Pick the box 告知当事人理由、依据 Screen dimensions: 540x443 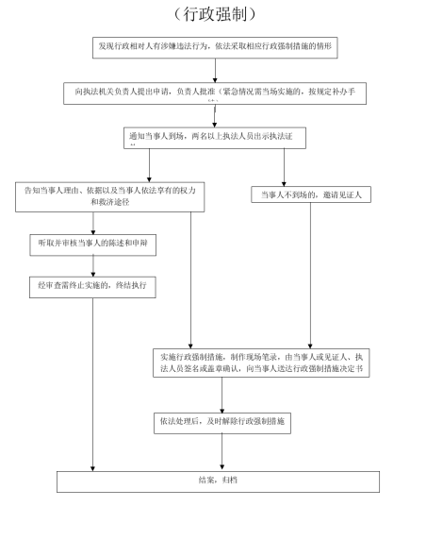[110, 194]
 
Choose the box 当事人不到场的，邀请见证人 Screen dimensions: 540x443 [311, 194]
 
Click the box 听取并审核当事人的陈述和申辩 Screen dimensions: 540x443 [91, 243]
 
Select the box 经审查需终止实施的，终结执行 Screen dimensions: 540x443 [91, 284]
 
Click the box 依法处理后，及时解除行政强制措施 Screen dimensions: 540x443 [222, 424]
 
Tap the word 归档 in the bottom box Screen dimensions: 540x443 [230, 481]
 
